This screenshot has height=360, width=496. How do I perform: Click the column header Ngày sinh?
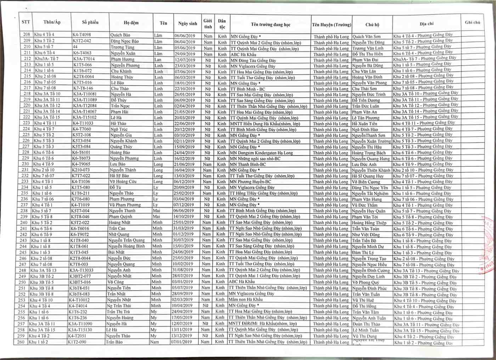[x=187, y=23]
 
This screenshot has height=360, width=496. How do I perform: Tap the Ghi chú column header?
[x=472, y=22]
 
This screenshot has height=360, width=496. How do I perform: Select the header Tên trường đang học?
[x=270, y=24]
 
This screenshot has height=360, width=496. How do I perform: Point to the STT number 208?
[x=27, y=34]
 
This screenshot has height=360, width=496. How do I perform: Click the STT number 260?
[x=21, y=342]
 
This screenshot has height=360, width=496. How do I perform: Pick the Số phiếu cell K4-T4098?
[x=82, y=35]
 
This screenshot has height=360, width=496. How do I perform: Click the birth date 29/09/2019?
[x=185, y=54]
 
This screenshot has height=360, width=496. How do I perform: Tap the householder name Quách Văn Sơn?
[x=366, y=36]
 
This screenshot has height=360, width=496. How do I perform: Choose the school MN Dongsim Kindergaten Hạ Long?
[x=261, y=153]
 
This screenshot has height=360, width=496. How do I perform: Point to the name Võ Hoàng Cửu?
[x=122, y=182]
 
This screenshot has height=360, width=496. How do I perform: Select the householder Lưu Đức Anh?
[x=364, y=165]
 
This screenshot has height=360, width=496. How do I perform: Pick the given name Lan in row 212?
[x=158, y=59]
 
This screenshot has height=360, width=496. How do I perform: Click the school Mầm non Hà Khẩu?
[x=246, y=299]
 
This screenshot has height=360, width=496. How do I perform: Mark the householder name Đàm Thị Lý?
[x=363, y=253]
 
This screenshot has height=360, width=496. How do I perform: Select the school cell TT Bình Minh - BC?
[x=247, y=89]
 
